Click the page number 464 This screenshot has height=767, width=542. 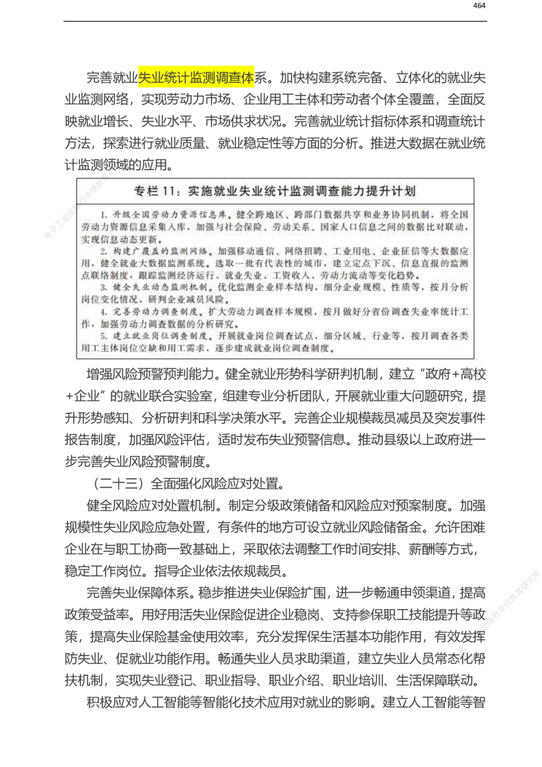tap(478, 6)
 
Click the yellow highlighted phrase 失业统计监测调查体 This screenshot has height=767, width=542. tap(197, 75)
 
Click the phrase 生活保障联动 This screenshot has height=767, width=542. tap(439, 681)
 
